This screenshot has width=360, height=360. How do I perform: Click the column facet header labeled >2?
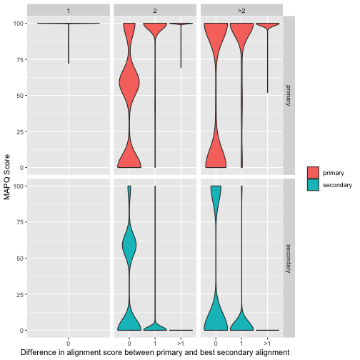241,11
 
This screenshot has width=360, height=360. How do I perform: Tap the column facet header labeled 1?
68,11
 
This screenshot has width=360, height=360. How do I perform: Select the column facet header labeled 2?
154,11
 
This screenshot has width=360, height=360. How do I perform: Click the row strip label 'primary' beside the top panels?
289,95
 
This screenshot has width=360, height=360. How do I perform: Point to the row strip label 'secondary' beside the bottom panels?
289,257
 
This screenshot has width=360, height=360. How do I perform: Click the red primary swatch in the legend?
314,172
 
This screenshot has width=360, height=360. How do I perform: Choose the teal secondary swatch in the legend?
314,184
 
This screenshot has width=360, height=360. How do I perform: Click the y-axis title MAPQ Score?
7,176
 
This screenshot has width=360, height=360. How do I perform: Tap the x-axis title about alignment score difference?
155,353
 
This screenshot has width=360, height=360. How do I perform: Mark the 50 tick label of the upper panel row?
19,96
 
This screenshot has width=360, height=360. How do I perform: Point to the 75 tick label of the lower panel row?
19,222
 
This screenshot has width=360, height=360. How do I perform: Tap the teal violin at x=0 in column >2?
216,314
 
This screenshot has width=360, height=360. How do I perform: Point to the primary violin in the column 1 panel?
68,24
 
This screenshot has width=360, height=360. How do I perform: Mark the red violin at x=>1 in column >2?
267,26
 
